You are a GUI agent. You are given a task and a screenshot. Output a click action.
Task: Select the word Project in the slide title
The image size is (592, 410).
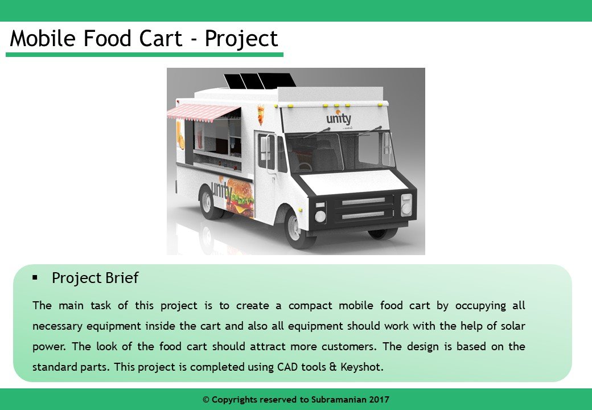[x=241, y=38]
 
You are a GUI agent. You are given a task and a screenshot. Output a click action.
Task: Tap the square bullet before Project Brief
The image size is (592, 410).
[x=35, y=277]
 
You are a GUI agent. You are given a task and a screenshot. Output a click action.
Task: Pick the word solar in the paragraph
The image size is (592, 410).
[x=511, y=326]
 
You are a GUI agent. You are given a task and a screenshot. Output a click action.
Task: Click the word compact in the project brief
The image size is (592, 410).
[x=311, y=305]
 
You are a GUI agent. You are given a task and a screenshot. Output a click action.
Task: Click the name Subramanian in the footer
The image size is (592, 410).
[x=338, y=400]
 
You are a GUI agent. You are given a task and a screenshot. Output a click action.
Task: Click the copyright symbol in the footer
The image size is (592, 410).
[x=206, y=400]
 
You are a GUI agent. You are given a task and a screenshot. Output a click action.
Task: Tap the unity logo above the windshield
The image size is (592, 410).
[x=339, y=119]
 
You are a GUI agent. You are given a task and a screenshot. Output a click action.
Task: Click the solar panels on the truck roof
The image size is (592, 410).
[x=259, y=81]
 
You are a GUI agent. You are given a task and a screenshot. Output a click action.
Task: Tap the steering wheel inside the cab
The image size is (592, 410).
[x=305, y=166]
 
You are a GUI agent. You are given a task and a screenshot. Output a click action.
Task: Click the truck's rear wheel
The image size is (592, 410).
[x=209, y=202]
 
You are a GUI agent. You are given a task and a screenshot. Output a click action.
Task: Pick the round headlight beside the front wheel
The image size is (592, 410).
[x=320, y=216]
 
